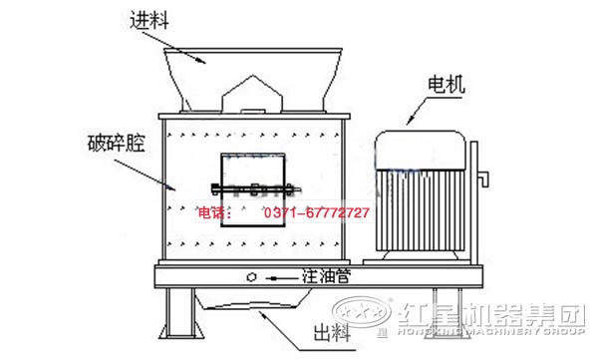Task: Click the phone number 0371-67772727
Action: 317,213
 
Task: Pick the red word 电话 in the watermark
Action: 214,213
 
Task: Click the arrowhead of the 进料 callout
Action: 208,61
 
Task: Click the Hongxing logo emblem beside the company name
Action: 358,313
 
